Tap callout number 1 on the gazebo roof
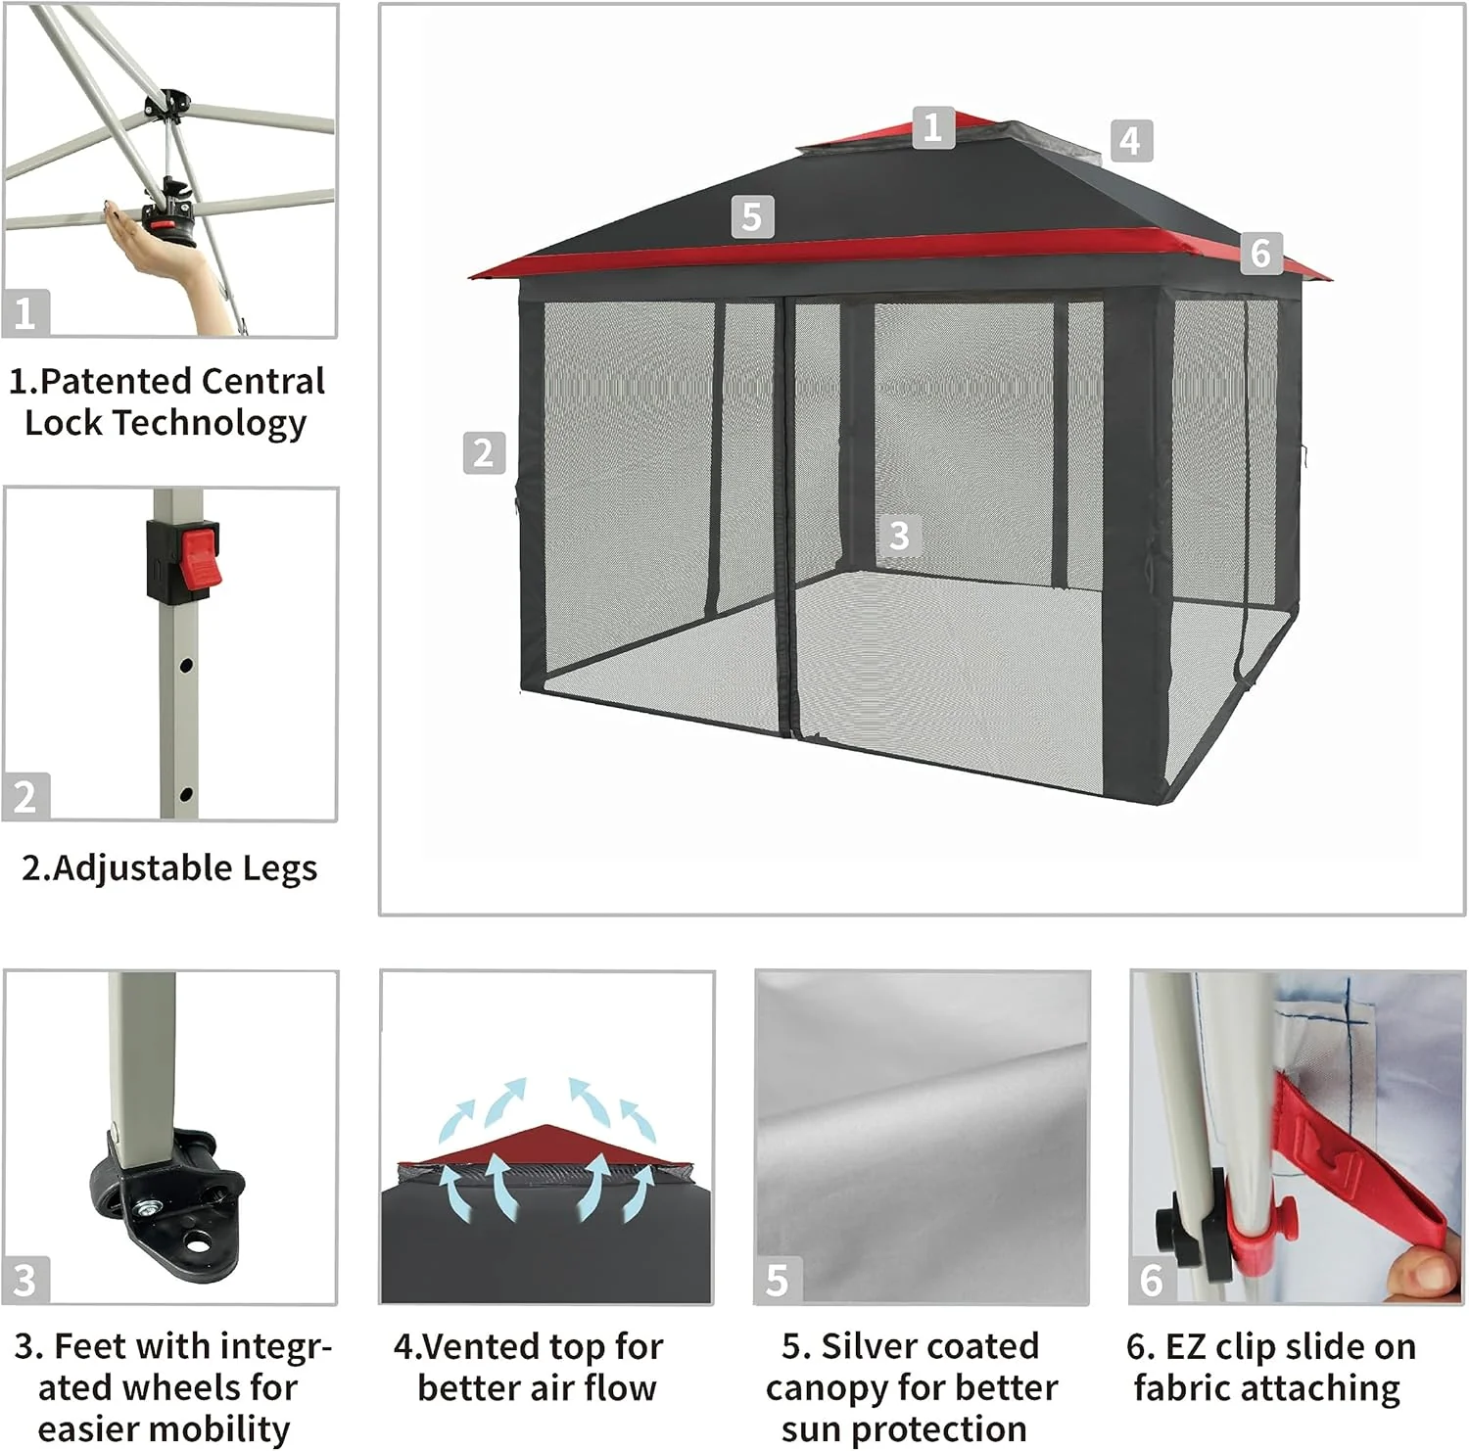932,127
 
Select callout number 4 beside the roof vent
1131,141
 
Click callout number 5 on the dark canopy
752,216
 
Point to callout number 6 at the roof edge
1260,253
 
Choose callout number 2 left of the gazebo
483,453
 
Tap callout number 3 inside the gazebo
899,535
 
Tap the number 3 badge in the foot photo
24,1280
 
